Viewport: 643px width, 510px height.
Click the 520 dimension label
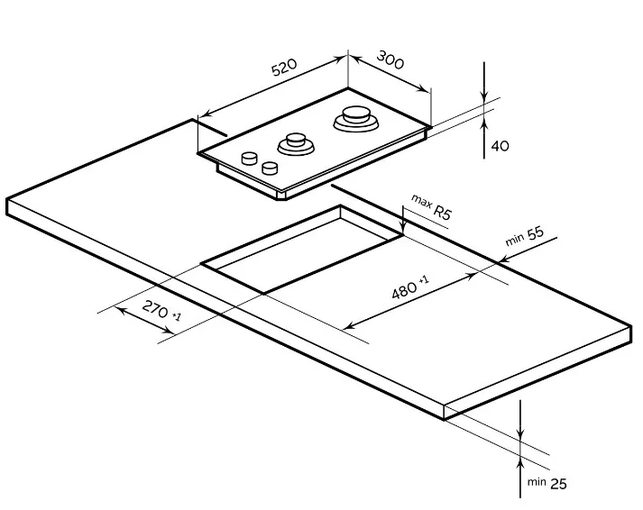(284, 68)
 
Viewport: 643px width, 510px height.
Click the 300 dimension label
(390, 59)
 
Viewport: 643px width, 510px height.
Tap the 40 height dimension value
(500, 146)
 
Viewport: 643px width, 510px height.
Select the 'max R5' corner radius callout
(431, 207)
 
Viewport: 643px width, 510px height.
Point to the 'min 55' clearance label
(525, 236)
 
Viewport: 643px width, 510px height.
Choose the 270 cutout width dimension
(161, 310)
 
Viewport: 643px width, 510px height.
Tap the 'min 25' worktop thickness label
(547, 483)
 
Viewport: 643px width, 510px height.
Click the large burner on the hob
(356, 119)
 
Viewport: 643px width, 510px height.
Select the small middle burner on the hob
(296, 144)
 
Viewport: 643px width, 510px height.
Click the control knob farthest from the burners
(249, 158)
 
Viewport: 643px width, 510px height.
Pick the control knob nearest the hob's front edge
(270, 167)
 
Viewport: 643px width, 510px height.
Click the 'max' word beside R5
(421, 200)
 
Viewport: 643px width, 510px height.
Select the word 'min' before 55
(514, 240)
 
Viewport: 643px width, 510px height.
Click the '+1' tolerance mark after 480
(424, 280)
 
